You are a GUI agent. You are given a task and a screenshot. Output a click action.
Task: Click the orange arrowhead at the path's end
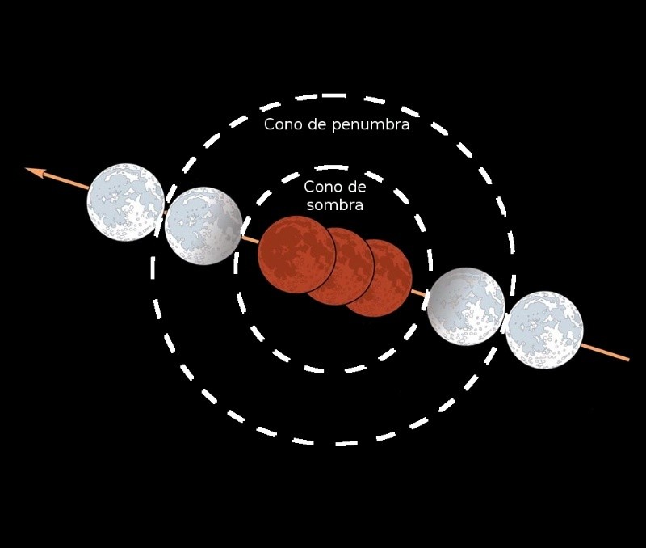35,172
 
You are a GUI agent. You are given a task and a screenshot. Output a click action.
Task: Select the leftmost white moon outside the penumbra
126,202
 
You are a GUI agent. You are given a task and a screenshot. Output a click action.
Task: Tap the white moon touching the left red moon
203,226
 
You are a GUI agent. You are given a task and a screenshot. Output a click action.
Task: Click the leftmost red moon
296,254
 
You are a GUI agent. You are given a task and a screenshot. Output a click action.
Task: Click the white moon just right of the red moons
466,306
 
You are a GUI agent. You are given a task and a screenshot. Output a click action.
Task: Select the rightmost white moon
544,330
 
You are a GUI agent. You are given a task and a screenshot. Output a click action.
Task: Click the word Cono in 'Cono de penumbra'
283,124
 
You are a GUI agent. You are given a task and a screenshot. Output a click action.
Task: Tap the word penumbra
371,125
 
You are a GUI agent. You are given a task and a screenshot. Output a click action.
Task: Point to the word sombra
335,205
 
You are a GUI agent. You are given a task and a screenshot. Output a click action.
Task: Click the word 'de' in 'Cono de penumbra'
317,124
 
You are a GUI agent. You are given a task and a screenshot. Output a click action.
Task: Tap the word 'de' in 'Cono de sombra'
357,187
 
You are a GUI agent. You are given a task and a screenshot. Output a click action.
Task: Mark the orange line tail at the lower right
628,360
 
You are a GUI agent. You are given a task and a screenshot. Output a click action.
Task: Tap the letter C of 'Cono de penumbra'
270,124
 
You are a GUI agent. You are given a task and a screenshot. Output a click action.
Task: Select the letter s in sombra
311,206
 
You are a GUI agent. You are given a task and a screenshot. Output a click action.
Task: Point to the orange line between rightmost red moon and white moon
419,293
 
